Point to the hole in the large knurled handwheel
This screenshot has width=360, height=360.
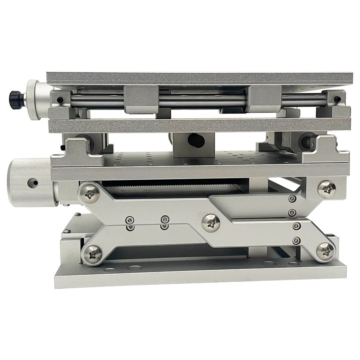click(x=35, y=183)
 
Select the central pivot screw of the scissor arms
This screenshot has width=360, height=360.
click(x=211, y=222)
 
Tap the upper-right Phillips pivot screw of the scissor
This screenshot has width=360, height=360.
click(x=327, y=189)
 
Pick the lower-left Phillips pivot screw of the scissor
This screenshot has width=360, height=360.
click(x=93, y=254)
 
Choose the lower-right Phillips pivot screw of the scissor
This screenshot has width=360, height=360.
click(x=325, y=251)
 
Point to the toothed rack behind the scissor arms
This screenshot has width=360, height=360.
click(x=169, y=185)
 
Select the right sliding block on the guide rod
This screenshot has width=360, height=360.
click(x=265, y=99)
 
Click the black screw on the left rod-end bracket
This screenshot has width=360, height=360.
click(x=60, y=100)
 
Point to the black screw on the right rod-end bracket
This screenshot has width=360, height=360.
click(x=337, y=99)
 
